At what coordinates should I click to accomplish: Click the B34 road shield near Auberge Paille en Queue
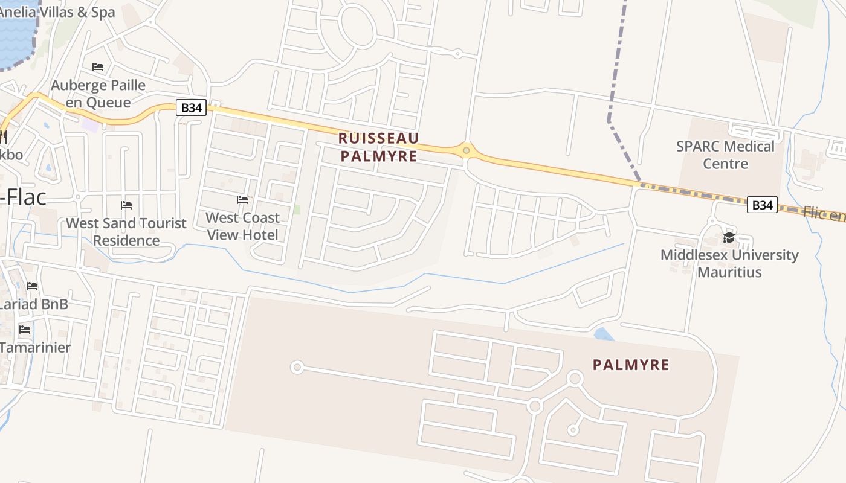pyautogui.click(x=191, y=108)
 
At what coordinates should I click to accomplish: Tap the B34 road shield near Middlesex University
pyautogui.click(x=762, y=205)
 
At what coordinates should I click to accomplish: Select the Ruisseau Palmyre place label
pyautogui.click(x=378, y=147)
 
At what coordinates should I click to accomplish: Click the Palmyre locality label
pyautogui.click(x=631, y=365)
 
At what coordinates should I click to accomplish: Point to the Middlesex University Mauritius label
pyautogui.click(x=729, y=263)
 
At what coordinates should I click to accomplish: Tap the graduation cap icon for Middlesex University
pyautogui.click(x=729, y=237)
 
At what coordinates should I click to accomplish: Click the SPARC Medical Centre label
pyautogui.click(x=725, y=155)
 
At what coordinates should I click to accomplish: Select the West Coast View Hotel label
pyautogui.click(x=243, y=226)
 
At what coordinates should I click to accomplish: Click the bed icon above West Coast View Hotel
pyautogui.click(x=242, y=200)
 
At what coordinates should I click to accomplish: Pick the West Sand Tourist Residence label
pyautogui.click(x=126, y=231)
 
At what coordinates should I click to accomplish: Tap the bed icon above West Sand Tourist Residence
pyautogui.click(x=126, y=205)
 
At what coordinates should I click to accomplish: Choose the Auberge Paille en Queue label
pyautogui.click(x=98, y=93)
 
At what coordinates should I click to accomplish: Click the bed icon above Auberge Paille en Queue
pyautogui.click(x=98, y=66)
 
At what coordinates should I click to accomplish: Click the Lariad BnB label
pyautogui.click(x=33, y=304)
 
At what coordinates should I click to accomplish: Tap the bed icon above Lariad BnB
pyautogui.click(x=32, y=286)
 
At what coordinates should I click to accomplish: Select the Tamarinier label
pyautogui.click(x=35, y=347)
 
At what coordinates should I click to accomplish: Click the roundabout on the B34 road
pyautogui.click(x=466, y=149)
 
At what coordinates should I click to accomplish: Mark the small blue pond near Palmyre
pyautogui.click(x=604, y=334)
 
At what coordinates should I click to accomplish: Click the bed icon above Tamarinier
pyautogui.click(x=25, y=330)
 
